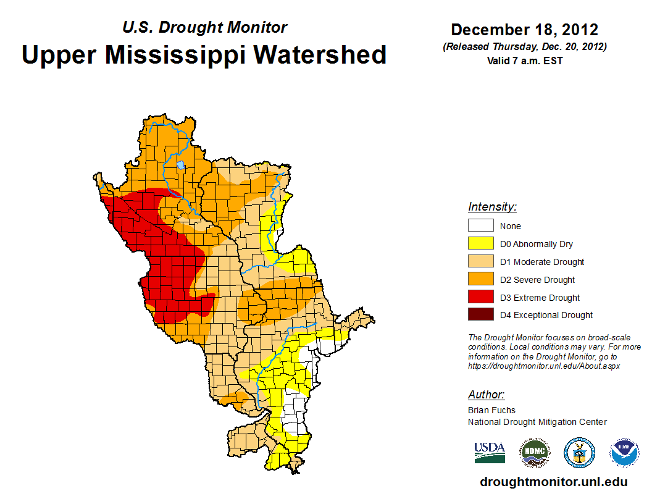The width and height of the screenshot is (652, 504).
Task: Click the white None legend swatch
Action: tap(480, 226)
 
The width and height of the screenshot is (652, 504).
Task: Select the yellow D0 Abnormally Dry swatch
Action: tap(480, 244)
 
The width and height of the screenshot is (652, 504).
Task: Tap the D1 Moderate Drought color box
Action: tap(480, 262)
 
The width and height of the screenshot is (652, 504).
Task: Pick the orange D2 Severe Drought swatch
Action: tap(480, 280)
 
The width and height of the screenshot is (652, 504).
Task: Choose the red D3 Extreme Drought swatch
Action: tap(480, 298)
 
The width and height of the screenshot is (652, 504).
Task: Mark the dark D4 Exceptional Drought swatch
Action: tap(480, 315)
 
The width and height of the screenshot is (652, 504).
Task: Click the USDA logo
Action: tap(490, 452)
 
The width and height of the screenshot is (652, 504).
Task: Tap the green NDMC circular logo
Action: tap(534, 453)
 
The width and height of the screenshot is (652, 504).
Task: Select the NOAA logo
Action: tap(624, 453)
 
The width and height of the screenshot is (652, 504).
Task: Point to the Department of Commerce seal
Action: tap(579, 453)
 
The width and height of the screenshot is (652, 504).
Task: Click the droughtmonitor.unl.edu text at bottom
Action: tap(553, 482)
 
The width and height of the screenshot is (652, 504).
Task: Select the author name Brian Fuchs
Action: tap(491, 410)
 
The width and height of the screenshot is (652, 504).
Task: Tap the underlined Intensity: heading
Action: tap(492, 207)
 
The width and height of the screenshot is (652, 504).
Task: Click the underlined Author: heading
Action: tap(486, 395)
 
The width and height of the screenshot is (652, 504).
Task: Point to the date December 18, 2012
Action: tap(524, 30)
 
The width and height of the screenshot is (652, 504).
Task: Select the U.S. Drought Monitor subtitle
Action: tap(204, 27)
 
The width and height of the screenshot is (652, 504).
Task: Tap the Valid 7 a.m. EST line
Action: tap(524, 61)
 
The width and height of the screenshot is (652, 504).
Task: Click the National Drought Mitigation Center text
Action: tap(537, 422)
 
